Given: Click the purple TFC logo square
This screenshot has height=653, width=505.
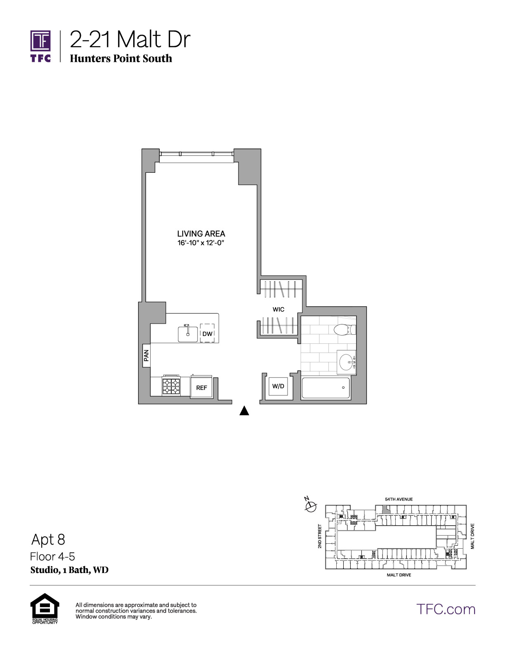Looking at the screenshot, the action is pyautogui.click(x=40, y=41).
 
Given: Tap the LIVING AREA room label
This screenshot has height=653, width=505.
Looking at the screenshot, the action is pyautogui.click(x=201, y=233).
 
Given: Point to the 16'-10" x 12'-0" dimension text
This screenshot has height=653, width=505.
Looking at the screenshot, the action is pyautogui.click(x=201, y=243).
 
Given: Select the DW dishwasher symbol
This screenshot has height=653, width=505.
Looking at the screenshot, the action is pyautogui.click(x=207, y=333).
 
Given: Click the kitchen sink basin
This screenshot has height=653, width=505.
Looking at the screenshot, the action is pyautogui.click(x=188, y=334).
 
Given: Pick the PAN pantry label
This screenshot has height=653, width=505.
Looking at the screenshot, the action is pyautogui.click(x=146, y=355).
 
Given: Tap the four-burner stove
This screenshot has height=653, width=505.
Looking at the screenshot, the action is pyautogui.click(x=171, y=386).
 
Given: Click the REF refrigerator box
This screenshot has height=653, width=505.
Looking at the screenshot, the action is pyautogui.click(x=201, y=388).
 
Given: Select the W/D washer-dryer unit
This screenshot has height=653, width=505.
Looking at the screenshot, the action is pyautogui.click(x=278, y=386).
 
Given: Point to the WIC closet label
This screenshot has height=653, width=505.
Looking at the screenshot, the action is pyautogui.click(x=278, y=309).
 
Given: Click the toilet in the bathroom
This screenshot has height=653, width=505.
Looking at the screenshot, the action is pyautogui.click(x=345, y=330).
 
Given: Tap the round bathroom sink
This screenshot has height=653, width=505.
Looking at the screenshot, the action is pyautogui.click(x=347, y=362).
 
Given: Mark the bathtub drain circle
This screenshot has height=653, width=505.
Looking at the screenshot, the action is pyautogui.click(x=343, y=388).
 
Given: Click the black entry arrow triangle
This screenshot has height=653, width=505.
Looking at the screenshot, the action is pyautogui.click(x=244, y=411).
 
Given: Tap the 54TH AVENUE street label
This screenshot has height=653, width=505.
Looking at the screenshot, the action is pyautogui.click(x=399, y=500).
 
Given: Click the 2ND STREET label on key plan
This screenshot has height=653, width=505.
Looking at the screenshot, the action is pyautogui.click(x=320, y=536).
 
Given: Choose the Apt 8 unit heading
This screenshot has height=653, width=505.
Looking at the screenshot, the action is pyautogui.click(x=48, y=539).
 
